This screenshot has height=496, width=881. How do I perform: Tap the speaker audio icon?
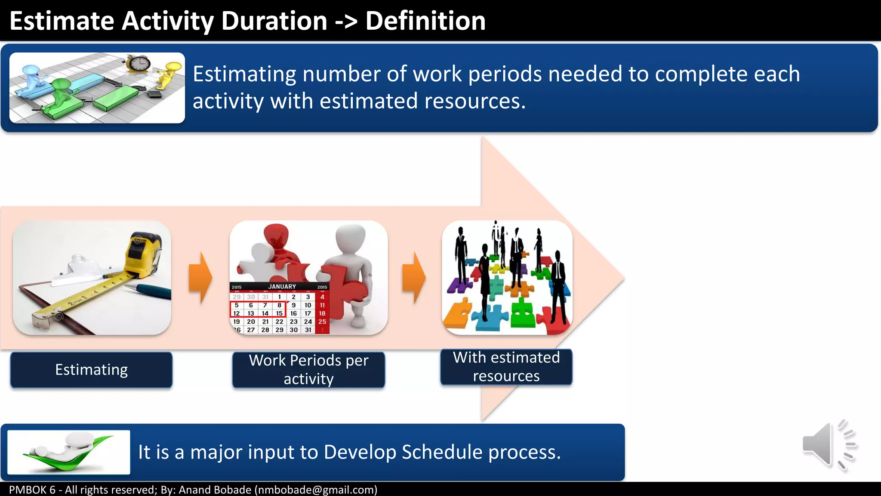828,445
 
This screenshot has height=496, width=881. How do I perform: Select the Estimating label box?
91,370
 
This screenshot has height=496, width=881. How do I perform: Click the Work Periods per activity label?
308,370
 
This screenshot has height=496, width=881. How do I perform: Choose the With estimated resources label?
506,367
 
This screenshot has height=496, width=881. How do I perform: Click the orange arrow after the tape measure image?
200,278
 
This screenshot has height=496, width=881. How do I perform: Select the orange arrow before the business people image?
413,278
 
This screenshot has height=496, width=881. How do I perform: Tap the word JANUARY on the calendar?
282,286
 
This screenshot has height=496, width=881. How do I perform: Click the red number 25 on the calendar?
322,322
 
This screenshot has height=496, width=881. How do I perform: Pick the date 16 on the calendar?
293,313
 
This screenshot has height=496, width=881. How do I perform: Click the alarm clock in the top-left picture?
139,64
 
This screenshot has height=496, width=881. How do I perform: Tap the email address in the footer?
316,490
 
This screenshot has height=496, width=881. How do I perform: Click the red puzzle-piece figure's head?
275,237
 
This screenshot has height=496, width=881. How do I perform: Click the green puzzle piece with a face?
522,314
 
